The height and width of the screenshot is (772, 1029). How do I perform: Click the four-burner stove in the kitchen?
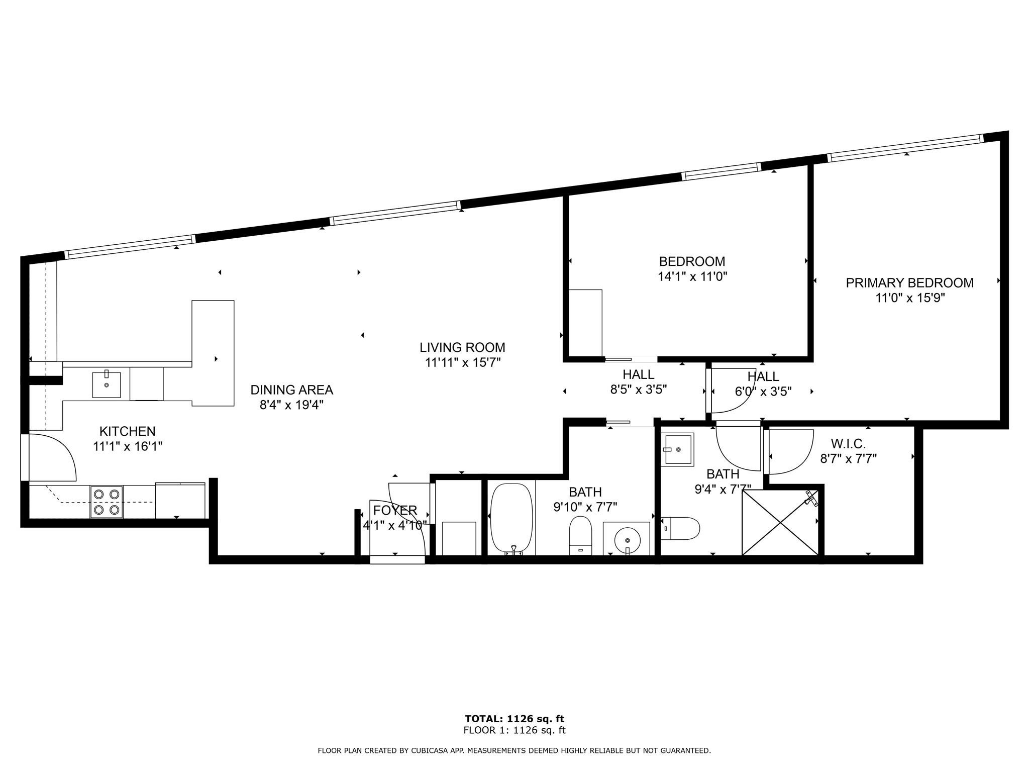coord(107,502)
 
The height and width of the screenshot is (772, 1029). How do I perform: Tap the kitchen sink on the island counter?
coord(107,384)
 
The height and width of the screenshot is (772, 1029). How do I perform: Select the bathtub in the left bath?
coord(511,518)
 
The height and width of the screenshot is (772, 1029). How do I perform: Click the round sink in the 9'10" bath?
coord(627,539)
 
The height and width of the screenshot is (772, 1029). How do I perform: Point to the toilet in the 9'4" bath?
coord(680,528)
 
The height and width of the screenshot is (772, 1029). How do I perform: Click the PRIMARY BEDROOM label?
coord(909,283)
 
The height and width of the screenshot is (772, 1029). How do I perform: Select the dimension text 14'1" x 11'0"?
coord(692,276)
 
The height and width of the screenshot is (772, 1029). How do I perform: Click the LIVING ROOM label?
coord(462,347)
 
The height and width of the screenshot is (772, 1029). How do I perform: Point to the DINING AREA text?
coord(291,390)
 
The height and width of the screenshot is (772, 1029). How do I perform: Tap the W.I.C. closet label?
coord(848,444)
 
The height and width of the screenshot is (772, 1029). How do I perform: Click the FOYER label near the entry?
coord(395,510)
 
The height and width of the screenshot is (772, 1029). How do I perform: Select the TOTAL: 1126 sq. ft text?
coord(514,719)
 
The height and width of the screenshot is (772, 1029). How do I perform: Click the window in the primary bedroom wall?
coord(904,148)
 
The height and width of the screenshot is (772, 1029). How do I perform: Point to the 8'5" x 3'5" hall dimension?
coord(638,390)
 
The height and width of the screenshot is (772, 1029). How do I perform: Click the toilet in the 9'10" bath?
coord(580,535)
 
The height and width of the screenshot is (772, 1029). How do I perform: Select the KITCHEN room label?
coord(127,431)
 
